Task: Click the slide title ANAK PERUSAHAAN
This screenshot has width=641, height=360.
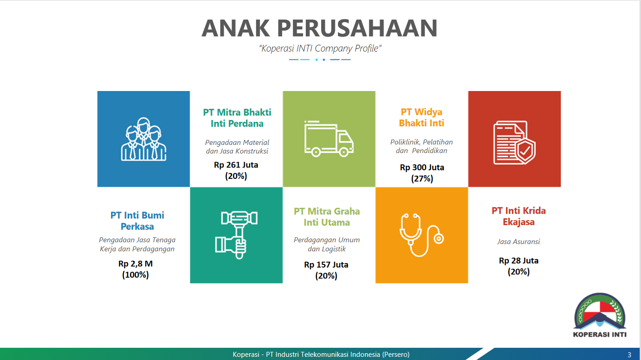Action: pyautogui.click(x=320, y=28)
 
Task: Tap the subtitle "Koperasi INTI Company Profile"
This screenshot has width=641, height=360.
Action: pyautogui.click(x=320, y=48)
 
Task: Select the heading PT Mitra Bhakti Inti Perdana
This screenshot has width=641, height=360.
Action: pyautogui.click(x=237, y=118)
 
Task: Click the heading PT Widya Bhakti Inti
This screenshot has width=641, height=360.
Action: pyautogui.click(x=421, y=117)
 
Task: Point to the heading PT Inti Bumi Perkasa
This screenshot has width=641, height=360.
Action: pyautogui.click(x=137, y=221)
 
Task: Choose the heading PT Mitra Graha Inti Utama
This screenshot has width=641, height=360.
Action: pyautogui.click(x=327, y=216)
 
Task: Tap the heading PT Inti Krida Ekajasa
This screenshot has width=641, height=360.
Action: pyautogui.click(x=519, y=216)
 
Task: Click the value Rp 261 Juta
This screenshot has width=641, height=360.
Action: pyautogui.click(x=236, y=165)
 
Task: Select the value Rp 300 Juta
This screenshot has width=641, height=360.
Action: pyautogui.click(x=422, y=168)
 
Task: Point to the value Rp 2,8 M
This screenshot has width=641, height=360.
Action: pyautogui.click(x=135, y=264)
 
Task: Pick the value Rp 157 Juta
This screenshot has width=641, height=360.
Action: pyautogui.click(x=326, y=265)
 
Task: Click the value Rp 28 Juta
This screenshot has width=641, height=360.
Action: pyautogui.click(x=519, y=261)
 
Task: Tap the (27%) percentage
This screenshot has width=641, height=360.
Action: pyautogui.click(x=422, y=179)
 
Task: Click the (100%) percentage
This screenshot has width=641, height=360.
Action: pyautogui.click(x=135, y=275)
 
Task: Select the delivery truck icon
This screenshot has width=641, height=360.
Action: pyautogui.click(x=329, y=139)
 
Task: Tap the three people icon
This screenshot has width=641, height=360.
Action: pyautogui.click(x=143, y=139)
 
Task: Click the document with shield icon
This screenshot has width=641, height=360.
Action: pyautogui.click(x=514, y=143)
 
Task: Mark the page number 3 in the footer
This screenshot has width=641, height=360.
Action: pyautogui.click(x=629, y=355)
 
